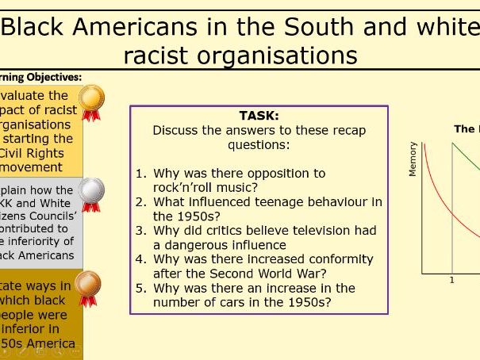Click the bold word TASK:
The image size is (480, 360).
pos(259,116)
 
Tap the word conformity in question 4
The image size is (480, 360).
pos(336,259)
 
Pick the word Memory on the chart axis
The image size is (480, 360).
pos(413,159)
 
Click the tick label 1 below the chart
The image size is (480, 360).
pos(452,280)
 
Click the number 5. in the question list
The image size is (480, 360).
pos(140,288)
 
